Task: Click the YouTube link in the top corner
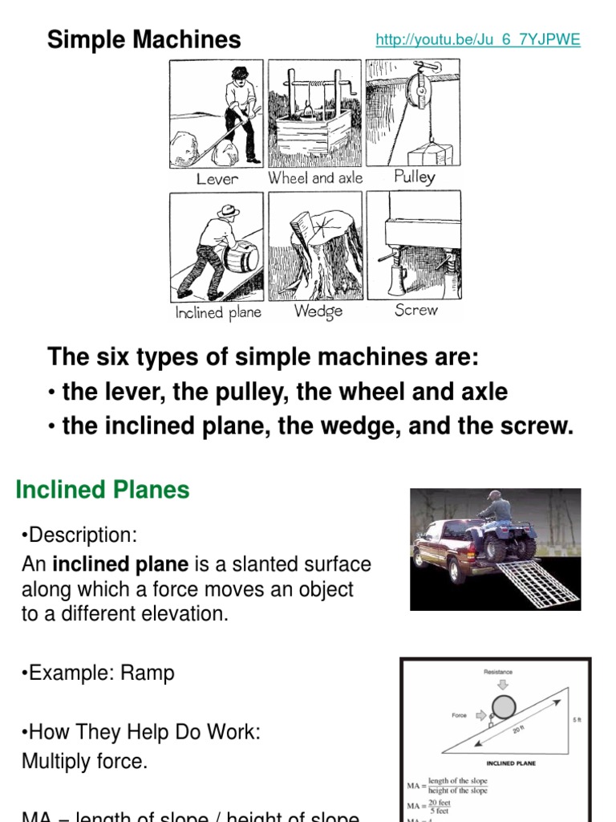pyautogui.click(x=477, y=40)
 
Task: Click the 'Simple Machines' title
pyautogui.click(x=144, y=39)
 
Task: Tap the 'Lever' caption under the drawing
pyautogui.click(x=217, y=178)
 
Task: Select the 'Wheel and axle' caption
pyautogui.click(x=315, y=178)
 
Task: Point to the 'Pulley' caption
pyautogui.click(x=414, y=177)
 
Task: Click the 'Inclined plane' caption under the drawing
pyautogui.click(x=218, y=312)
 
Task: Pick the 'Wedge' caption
pyautogui.click(x=318, y=311)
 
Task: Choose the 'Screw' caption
pyautogui.click(x=415, y=310)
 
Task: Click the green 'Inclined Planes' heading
pyautogui.click(x=103, y=490)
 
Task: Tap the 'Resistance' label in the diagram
pyautogui.click(x=498, y=672)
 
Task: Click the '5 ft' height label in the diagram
pyautogui.click(x=577, y=720)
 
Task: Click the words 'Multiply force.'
pyautogui.click(x=84, y=761)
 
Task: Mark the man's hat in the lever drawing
pyautogui.click(x=239, y=73)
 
